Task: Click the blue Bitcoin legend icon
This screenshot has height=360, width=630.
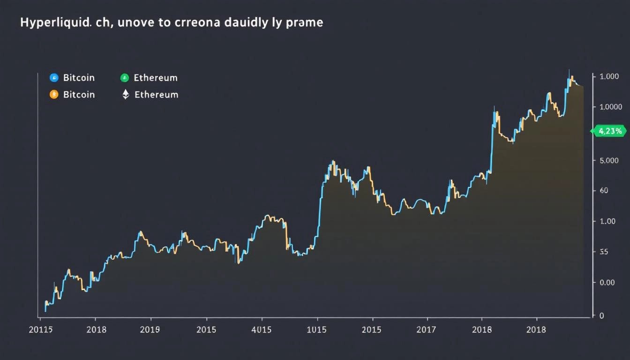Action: (54, 78)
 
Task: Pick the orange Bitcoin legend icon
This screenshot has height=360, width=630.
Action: (54, 95)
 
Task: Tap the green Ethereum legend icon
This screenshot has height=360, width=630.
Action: (125, 78)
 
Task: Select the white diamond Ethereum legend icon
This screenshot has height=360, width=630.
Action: (125, 95)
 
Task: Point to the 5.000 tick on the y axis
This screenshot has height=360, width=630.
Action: (609, 161)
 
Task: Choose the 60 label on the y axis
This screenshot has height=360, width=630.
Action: (604, 191)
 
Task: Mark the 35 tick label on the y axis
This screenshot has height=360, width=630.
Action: (604, 252)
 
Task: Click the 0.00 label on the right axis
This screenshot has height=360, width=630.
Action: (607, 283)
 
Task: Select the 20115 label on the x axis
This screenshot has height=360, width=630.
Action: (40, 330)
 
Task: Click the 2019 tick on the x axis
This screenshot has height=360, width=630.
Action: (150, 330)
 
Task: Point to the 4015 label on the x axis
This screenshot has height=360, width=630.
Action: (261, 330)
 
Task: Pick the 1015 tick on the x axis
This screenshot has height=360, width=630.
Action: (316, 330)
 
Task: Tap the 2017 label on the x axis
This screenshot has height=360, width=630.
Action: (427, 330)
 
